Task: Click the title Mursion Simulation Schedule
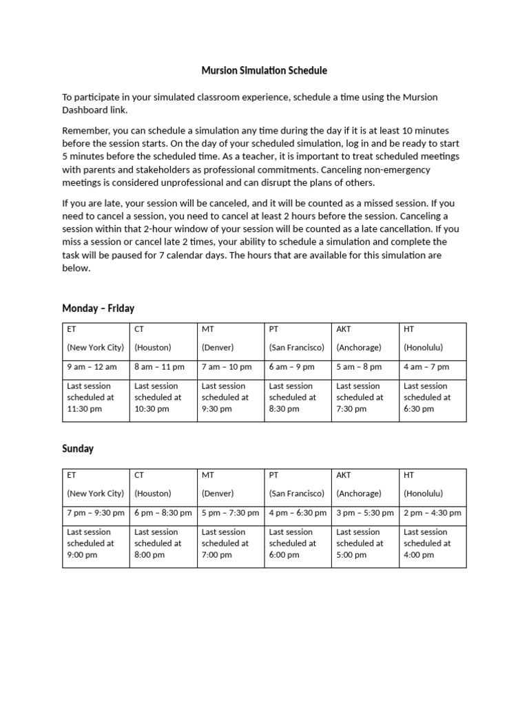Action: click(x=264, y=70)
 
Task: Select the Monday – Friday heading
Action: click(x=98, y=308)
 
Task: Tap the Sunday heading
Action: click(x=78, y=448)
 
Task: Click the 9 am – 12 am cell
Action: click(x=92, y=367)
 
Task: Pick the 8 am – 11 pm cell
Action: click(x=159, y=367)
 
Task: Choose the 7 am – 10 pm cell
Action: click(x=227, y=367)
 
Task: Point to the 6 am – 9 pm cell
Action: click(x=292, y=367)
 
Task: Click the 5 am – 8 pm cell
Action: click(x=360, y=367)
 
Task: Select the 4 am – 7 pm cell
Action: click(x=426, y=367)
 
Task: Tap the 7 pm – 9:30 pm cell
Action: click(x=96, y=513)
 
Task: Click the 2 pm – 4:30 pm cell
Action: click(x=433, y=513)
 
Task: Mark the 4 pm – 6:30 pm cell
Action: click(x=298, y=513)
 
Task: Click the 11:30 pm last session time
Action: click(x=85, y=408)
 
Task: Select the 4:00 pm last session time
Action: click(x=419, y=554)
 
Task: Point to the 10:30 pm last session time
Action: click(x=152, y=408)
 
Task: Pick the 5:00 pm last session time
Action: click(x=351, y=554)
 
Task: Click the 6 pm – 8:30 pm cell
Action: click(x=163, y=513)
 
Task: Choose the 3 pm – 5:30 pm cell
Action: click(x=365, y=513)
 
